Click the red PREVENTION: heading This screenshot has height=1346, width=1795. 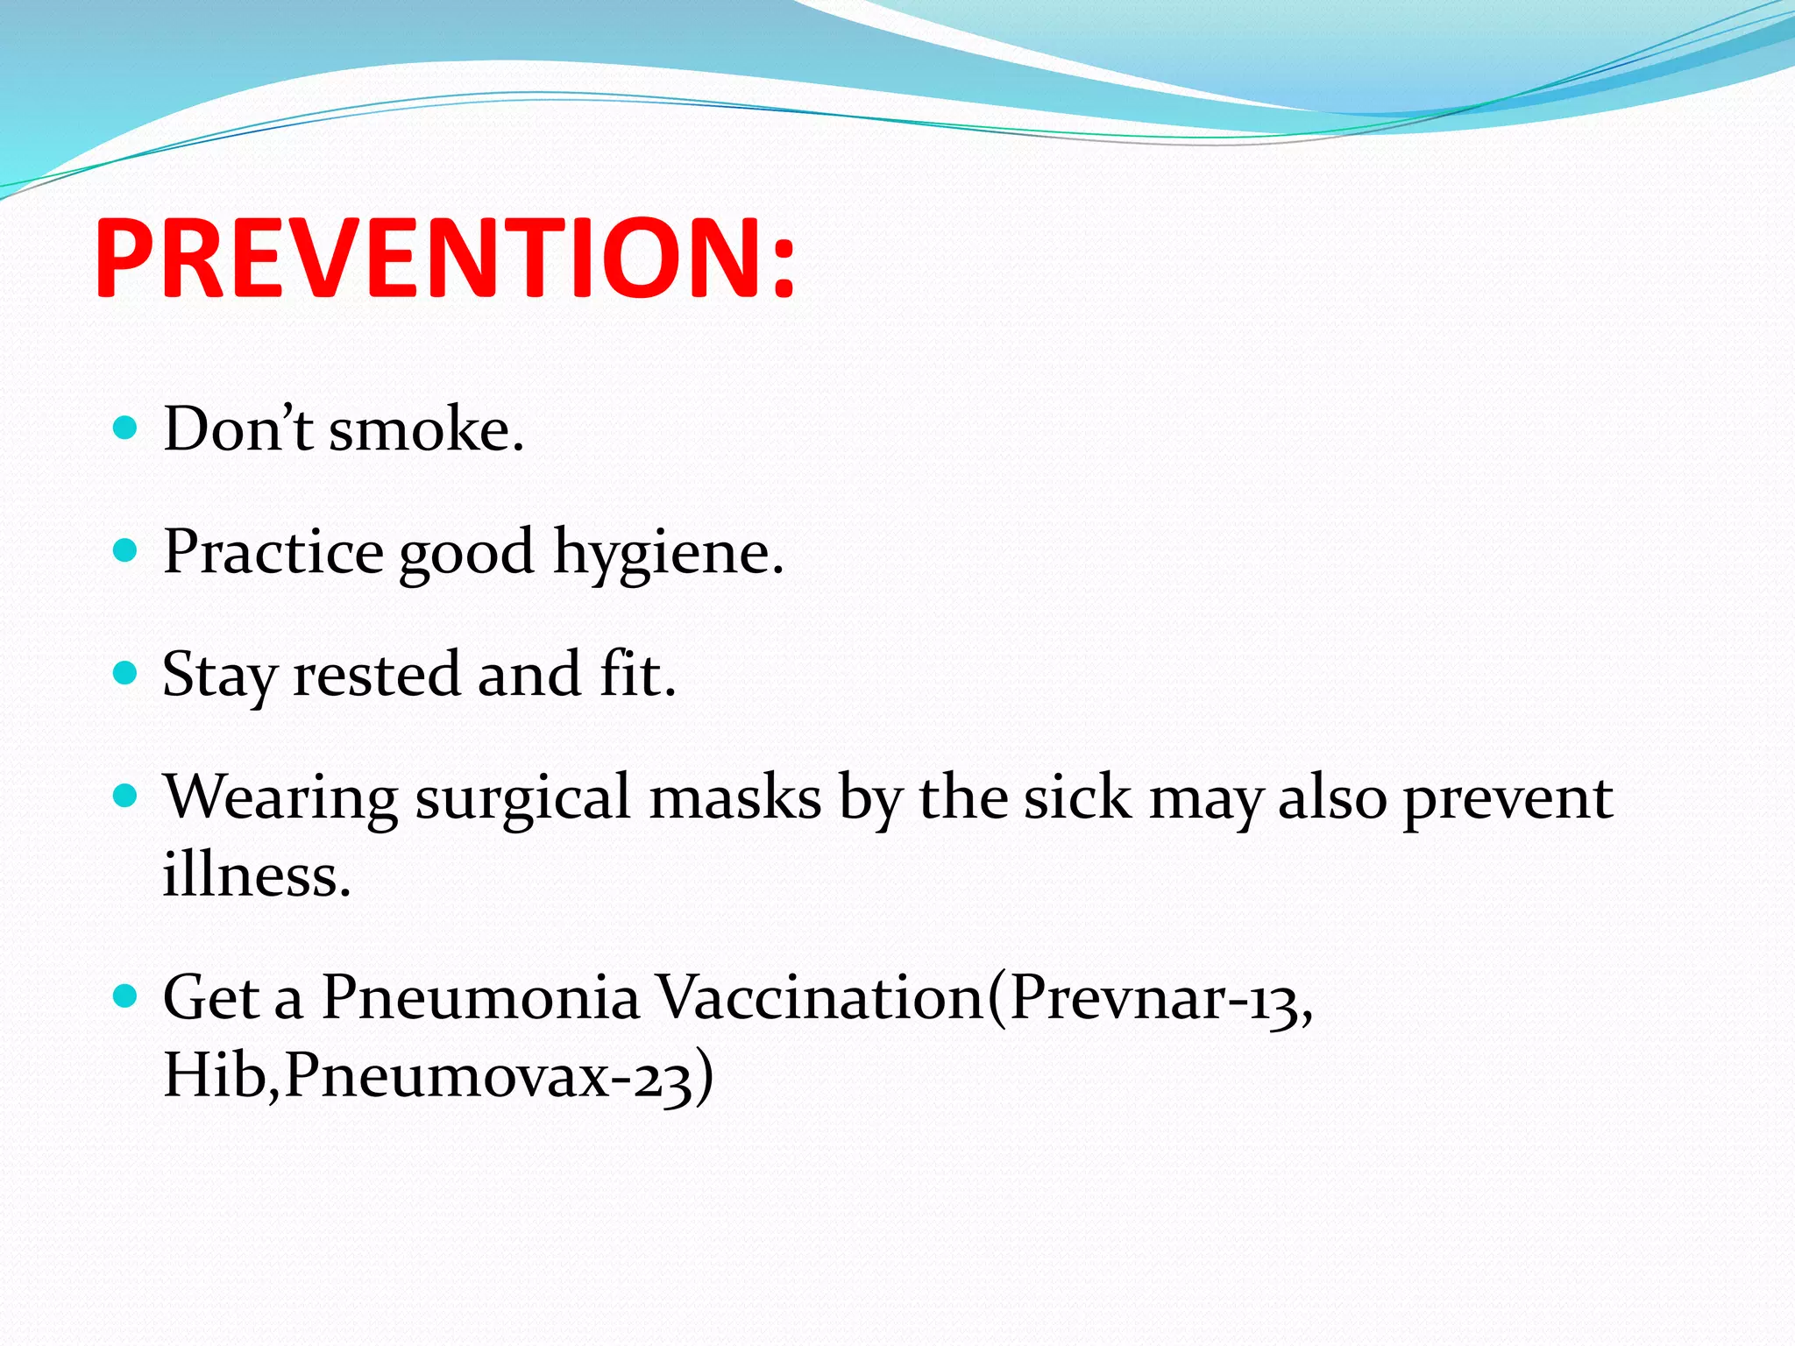coord(444,260)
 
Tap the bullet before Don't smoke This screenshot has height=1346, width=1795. coord(126,428)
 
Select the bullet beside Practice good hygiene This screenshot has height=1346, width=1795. coord(126,550)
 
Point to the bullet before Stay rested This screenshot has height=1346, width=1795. coord(126,673)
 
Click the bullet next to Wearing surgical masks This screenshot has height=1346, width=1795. coord(126,796)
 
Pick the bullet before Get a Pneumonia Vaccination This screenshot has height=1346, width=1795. coord(126,996)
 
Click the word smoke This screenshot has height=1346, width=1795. coord(426,431)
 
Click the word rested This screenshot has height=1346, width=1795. coord(376,676)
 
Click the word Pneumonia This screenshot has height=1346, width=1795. coord(480,998)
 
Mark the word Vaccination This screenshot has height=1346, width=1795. coord(821,998)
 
